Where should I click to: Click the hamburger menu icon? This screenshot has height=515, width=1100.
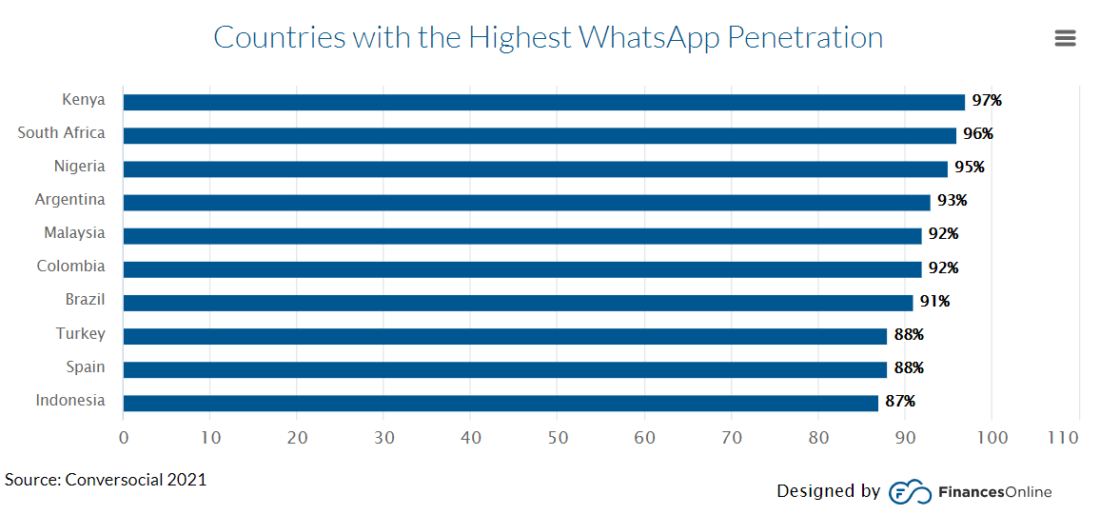(x=1065, y=38)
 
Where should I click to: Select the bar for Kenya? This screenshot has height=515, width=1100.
(x=543, y=102)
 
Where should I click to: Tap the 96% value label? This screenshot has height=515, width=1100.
(x=977, y=134)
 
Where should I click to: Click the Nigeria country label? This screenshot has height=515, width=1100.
(x=79, y=167)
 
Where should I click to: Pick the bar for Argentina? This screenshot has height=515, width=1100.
(x=526, y=202)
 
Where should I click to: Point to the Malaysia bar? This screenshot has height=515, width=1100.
(x=521, y=235)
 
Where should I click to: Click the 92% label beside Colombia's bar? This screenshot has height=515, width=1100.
(x=943, y=268)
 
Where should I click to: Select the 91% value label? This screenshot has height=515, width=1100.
(x=934, y=302)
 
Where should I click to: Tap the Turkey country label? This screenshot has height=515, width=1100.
(x=80, y=334)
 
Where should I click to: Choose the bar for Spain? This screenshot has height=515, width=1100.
(x=504, y=369)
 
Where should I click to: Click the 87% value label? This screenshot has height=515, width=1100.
(x=900, y=402)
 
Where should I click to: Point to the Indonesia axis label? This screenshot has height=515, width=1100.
(x=70, y=401)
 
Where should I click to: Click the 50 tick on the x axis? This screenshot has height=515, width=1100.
(x=558, y=438)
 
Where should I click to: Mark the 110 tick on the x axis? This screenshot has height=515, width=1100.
(x=1063, y=438)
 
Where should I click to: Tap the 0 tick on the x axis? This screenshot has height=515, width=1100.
(x=124, y=438)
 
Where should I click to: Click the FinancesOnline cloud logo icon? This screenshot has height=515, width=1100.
(x=909, y=492)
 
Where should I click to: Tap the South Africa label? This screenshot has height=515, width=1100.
(x=61, y=133)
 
